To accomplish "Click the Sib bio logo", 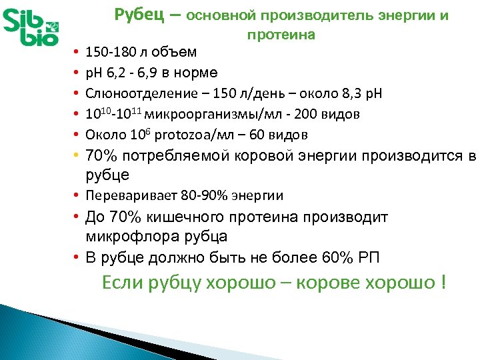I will [34, 27].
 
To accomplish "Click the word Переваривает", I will [125, 195].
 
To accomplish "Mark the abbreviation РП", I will [371, 257].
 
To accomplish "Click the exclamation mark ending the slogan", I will [442, 283].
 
